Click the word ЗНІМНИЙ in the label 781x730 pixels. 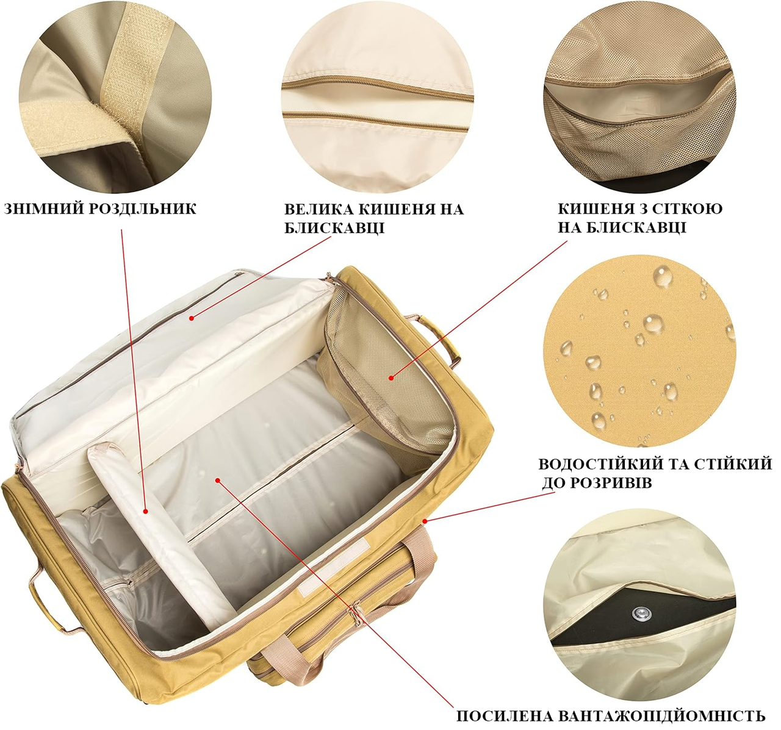(44, 209)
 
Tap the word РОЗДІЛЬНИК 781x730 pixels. (143, 209)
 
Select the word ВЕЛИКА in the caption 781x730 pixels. (320, 209)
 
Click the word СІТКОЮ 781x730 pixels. (686, 209)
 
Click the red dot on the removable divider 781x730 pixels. (145, 512)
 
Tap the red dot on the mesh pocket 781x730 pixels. (391, 378)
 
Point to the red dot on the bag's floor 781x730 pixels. (217, 480)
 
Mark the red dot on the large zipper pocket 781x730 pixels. (192, 318)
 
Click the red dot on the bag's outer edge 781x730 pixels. (425, 521)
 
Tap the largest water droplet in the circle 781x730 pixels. (662, 276)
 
